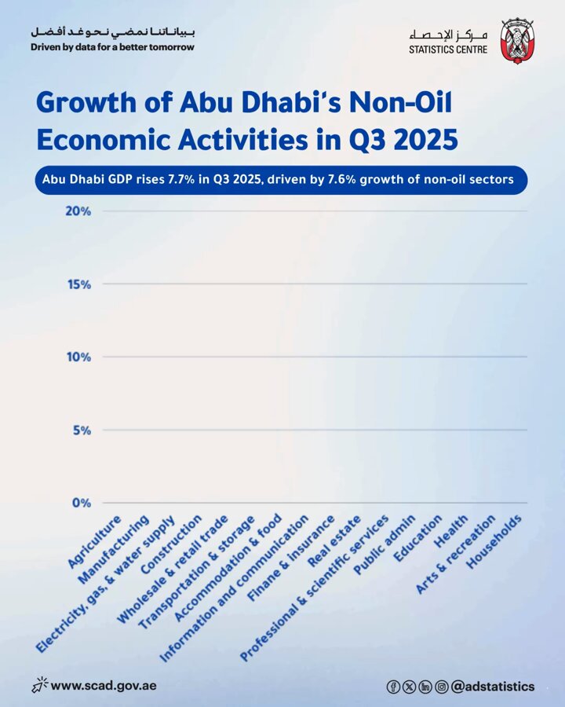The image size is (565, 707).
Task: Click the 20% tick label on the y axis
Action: [x=78, y=211]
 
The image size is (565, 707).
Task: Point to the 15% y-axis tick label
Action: [x=78, y=284]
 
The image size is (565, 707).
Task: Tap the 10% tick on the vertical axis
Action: [x=78, y=357]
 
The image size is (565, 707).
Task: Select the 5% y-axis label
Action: [x=82, y=430]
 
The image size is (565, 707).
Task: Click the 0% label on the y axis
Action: [x=82, y=503]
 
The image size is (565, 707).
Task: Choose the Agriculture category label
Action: [x=94, y=541]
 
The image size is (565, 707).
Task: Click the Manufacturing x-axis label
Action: [x=113, y=549]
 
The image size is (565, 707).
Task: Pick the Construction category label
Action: [x=171, y=544]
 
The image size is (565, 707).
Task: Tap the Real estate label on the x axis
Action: [x=334, y=540]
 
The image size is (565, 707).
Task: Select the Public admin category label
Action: [x=384, y=545]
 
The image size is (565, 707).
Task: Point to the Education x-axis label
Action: [x=417, y=538]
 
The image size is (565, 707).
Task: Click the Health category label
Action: [x=450, y=531]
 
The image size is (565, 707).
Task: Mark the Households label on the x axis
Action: [x=494, y=541]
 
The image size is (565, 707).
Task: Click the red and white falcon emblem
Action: [x=517, y=42]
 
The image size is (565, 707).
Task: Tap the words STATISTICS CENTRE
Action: [x=448, y=49]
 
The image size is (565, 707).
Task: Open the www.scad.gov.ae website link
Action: [x=104, y=686]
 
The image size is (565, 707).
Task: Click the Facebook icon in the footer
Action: [x=393, y=687]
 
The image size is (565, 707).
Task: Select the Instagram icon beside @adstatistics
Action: [x=442, y=687]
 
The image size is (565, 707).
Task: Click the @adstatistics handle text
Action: [x=493, y=687]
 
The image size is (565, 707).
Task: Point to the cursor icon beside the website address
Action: [x=39, y=685]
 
